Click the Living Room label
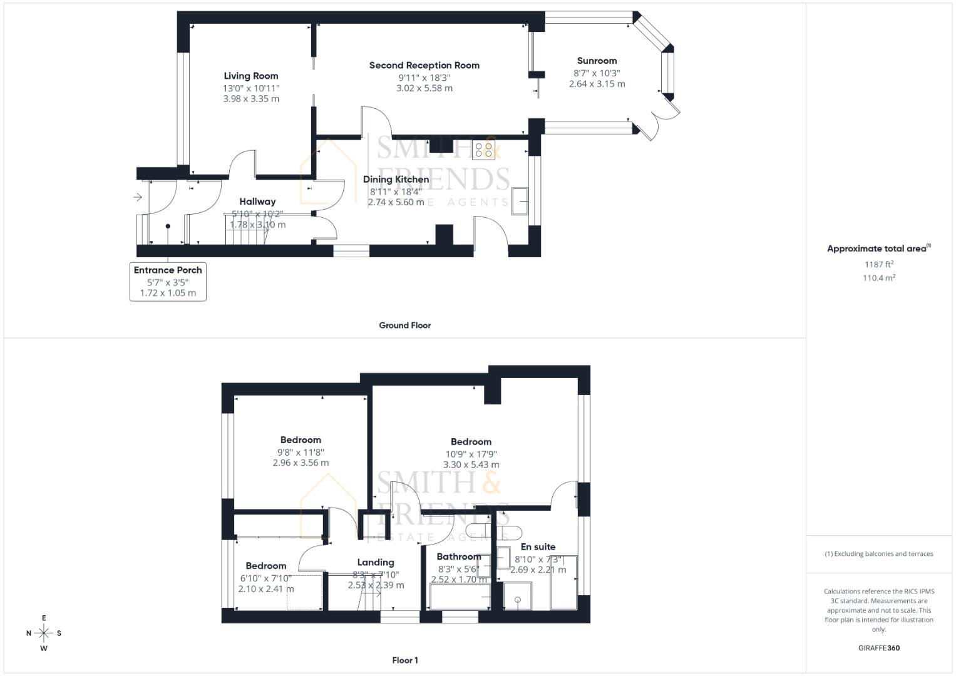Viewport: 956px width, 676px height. pyautogui.click(x=251, y=76)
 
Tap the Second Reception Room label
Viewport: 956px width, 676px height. pyautogui.click(x=424, y=65)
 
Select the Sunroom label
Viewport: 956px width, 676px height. pyautogui.click(x=597, y=61)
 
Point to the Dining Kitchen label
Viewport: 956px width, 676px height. pyautogui.click(x=396, y=180)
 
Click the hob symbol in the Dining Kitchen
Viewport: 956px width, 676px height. pyautogui.click(x=483, y=150)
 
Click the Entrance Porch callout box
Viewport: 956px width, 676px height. pyautogui.click(x=168, y=281)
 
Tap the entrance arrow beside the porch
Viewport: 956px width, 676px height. pyautogui.click(x=138, y=198)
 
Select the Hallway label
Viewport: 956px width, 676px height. pyautogui.click(x=257, y=202)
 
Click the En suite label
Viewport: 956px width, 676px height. pyautogui.click(x=538, y=547)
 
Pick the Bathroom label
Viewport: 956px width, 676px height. pyautogui.click(x=459, y=556)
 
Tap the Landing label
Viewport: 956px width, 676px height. pyautogui.click(x=376, y=562)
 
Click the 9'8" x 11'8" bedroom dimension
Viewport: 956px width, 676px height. pyautogui.click(x=301, y=452)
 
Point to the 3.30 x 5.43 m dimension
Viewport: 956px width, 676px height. pyautogui.click(x=471, y=464)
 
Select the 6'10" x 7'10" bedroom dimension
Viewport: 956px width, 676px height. pyautogui.click(x=266, y=578)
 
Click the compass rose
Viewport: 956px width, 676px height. pyautogui.click(x=44, y=633)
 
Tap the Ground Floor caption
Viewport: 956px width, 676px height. pyautogui.click(x=404, y=325)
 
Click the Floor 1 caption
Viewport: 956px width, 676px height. pyautogui.click(x=404, y=660)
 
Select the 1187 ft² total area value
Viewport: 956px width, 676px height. pyautogui.click(x=878, y=264)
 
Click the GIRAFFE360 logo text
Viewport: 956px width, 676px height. pyautogui.click(x=878, y=648)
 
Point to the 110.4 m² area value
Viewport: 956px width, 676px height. pyautogui.click(x=878, y=278)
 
